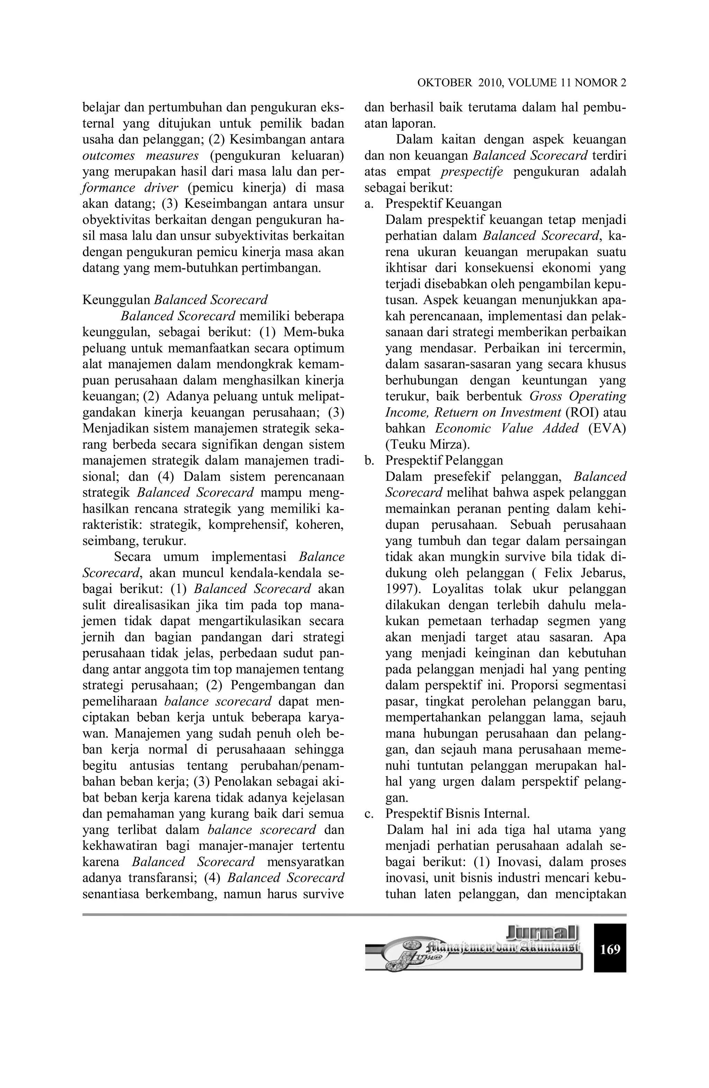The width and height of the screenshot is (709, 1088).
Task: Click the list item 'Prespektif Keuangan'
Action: coord(443,204)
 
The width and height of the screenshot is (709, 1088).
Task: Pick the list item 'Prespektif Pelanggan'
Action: coord(444,460)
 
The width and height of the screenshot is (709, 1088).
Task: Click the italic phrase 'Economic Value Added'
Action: coord(506,428)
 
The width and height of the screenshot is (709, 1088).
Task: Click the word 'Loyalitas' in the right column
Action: coord(458,589)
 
